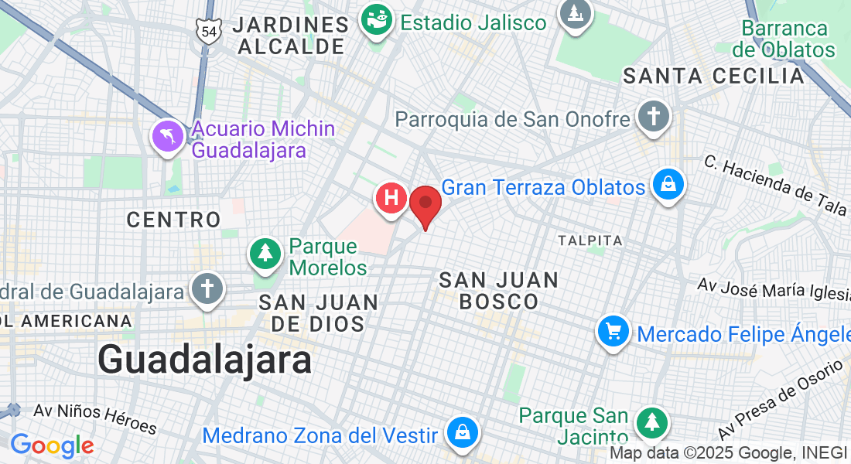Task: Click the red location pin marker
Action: click(425, 205)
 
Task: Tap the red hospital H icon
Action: click(391, 198)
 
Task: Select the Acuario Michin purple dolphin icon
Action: click(168, 138)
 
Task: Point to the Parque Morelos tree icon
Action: click(265, 253)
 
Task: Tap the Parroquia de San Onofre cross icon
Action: click(653, 118)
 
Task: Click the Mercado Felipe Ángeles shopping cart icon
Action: click(613, 333)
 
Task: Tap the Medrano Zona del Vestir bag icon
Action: click(462, 432)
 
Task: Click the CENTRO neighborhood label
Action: click(174, 220)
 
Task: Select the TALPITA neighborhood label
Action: click(590, 241)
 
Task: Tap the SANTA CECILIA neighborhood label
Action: click(714, 76)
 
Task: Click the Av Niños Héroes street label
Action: click(95, 418)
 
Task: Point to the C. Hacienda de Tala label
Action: click(776, 185)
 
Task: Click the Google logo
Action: click(52, 445)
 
